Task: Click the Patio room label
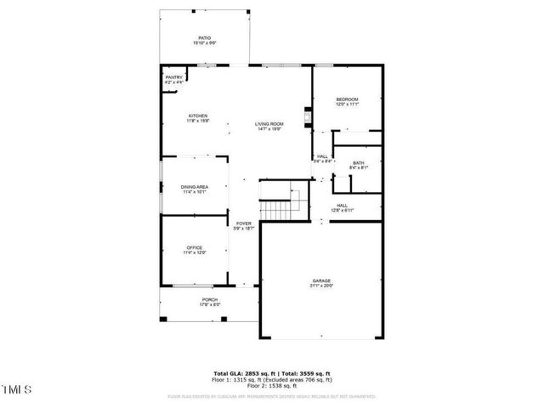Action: [x=204, y=38]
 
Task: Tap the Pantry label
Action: [x=173, y=77]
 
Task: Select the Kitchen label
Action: [x=198, y=116]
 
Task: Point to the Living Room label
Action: [x=269, y=124]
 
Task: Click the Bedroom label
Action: [x=347, y=99]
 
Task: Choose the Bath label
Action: [x=359, y=162]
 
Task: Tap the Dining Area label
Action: [x=195, y=187]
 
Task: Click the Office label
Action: [x=195, y=247]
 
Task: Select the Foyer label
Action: [x=244, y=224]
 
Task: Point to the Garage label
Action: [x=320, y=280]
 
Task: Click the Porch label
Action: [x=209, y=300]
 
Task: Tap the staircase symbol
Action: [x=274, y=208]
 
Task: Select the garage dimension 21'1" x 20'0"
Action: [x=320, y=286]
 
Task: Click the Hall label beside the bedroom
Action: [x=323, y=156]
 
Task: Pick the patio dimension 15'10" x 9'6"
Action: [x=204, y=43]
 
